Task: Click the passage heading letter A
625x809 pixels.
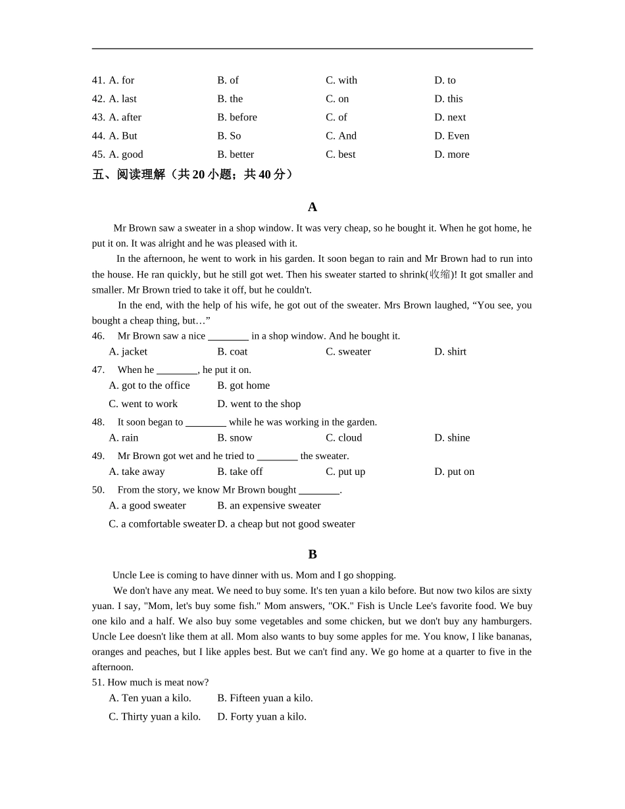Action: point(312,207)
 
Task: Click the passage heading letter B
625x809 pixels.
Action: point(312,554)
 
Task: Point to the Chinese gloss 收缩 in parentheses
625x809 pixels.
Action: point(440,274)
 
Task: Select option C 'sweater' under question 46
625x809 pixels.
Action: point(348,352)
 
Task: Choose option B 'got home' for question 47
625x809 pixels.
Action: point(243,385)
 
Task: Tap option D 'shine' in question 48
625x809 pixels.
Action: point(452,438)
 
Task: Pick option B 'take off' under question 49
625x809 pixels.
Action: point(239,472)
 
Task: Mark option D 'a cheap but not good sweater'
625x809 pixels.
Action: point(286,524)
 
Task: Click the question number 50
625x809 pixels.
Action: point(98,490)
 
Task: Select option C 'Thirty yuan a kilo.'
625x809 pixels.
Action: point(155,717)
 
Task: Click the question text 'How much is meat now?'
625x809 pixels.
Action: point(158,683)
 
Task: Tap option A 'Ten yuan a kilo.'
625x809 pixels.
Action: point(150,699)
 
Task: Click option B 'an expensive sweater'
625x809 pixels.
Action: point(269,506)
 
